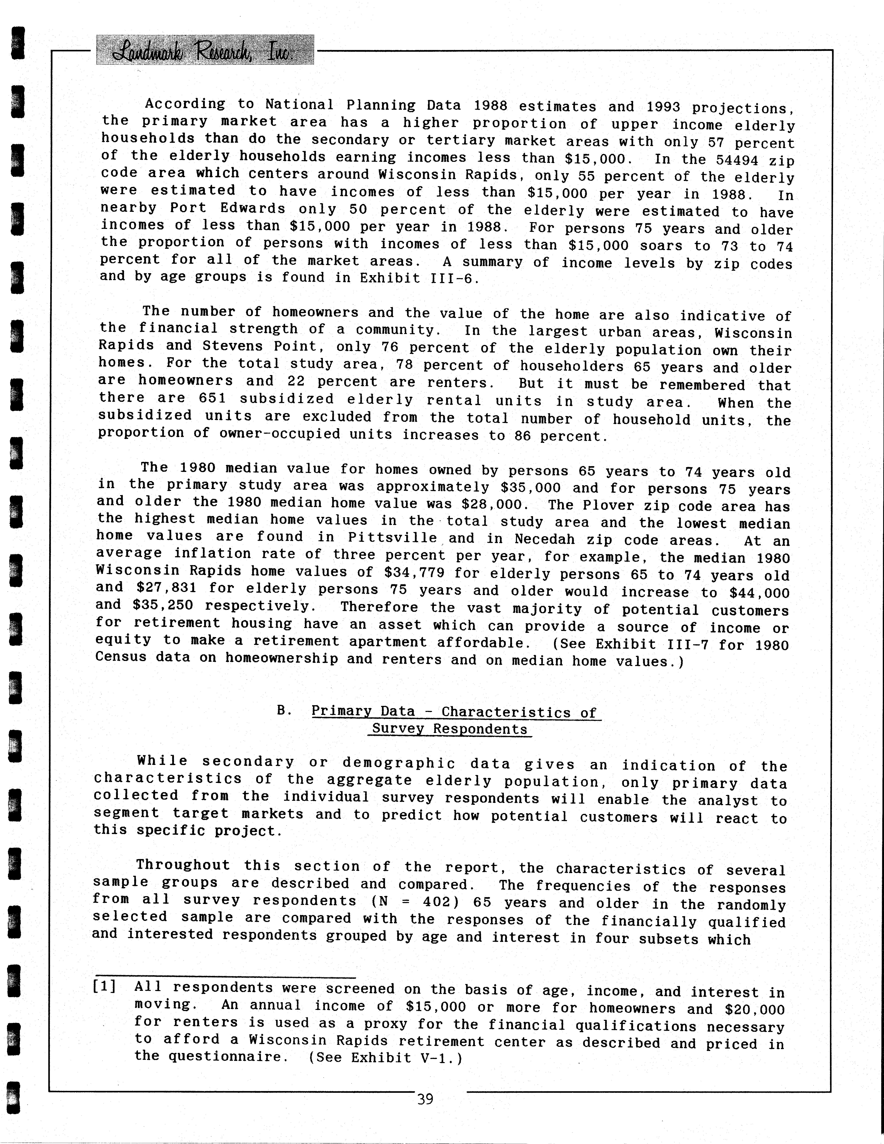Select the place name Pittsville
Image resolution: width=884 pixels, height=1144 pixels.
coord(392,538)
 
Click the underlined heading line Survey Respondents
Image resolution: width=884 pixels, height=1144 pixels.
coord(450,729)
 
